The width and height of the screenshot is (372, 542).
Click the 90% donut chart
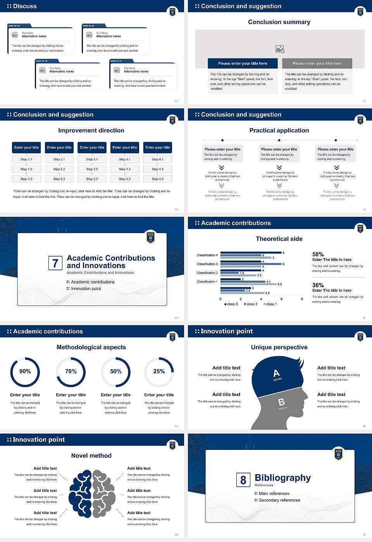pyautogui.click(x=25, y=372)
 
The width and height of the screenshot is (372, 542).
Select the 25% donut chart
pyautogui.click(x=159, y=372)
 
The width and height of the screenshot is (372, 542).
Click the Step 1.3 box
pyautogui.click(x=26, y=179)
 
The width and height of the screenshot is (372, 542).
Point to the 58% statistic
pyautogui.click(x=318, y=254)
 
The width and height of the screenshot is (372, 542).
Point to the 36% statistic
pyautogui.click(x=318, y=285)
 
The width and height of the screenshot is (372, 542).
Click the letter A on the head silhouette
pyautogui.click(x=276, y=373)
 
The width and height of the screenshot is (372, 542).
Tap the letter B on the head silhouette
pyautogui.click(x=282, y=403)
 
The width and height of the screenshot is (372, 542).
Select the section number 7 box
pyautogui.click(x=55, y=263)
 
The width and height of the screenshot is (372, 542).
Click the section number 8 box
pyautogui.click(x=243, y=480)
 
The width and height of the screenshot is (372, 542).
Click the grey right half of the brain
pyautogui.click(x=104, y=494)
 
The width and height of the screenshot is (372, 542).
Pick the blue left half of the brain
pyautogui.click(x=81, y=494)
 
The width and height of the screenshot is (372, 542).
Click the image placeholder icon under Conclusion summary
pyautogui.click(x=280, y=49)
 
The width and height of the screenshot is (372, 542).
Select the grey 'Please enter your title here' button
pyautogui.click(x=317, y=63)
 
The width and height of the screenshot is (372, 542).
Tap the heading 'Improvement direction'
pyautogui.click(x=91, y=130)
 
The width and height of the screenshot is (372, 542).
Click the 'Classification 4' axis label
pyautogui.click(x=207, y=255)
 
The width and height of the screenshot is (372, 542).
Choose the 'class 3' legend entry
pyautogui.click(x=231, y=304)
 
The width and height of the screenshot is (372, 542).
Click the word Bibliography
pyautogui.click(x=283, y=478)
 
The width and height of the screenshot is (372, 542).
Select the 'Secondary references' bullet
pyautogui.click(x=279, y=500)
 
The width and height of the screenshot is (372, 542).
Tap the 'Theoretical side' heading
pyautogui.click(x=279, y=239)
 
